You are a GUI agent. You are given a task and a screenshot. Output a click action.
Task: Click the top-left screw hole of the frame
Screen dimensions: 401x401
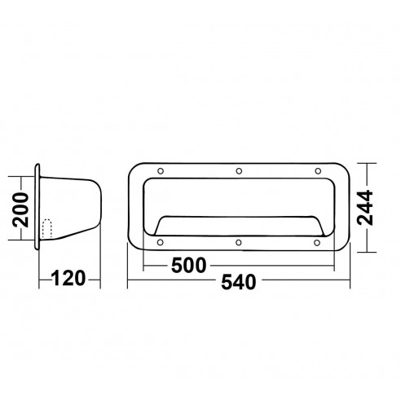[x=160, y=171]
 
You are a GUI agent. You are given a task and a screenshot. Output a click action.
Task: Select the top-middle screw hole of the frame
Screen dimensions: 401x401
[x=239, y=171]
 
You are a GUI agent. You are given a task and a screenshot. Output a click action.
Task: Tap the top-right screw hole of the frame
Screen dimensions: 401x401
[x=318, y=171]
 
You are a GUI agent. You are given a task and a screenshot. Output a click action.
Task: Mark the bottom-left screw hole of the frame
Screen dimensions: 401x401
[x=160, y=243]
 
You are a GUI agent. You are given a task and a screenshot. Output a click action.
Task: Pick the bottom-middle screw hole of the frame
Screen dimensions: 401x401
[x=239, y=243]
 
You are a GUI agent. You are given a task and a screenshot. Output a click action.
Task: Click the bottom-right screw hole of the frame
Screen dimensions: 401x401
[x=318, y=243]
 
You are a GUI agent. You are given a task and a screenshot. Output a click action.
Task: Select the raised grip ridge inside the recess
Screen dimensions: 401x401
[x=239, y=221]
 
